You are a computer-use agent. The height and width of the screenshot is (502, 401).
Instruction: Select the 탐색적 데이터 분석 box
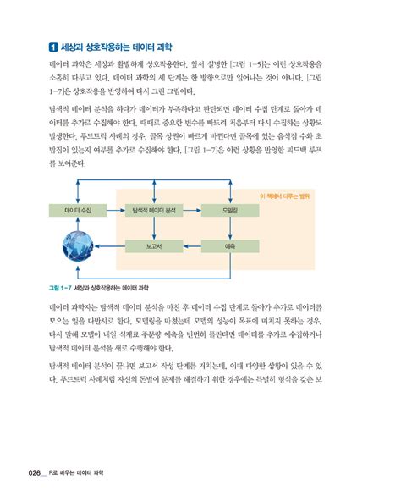click(x=154, y=208)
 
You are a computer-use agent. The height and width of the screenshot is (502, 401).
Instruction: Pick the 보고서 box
click(x=154, y=245)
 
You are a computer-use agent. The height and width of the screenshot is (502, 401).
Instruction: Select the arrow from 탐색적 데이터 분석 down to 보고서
click(x=154, y=227)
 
